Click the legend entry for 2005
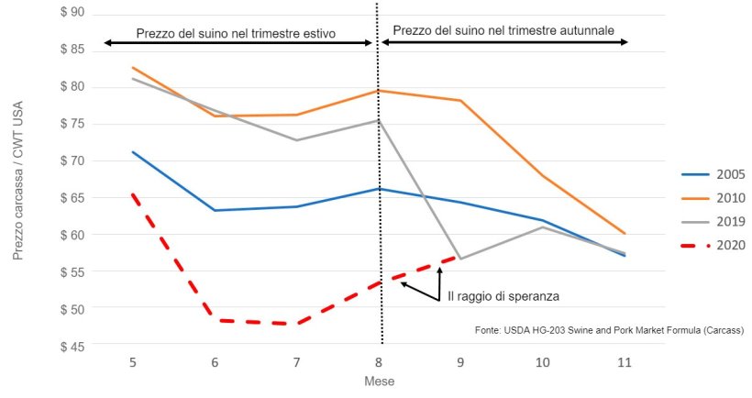pos(730,174)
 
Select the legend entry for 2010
pos(730,198)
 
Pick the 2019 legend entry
pos(730,222)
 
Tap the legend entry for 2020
pos(730,245)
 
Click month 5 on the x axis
pos(133,362)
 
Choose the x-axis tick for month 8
pos(379,362)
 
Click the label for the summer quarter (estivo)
pos(236,34)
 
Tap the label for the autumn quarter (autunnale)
pos(503,31)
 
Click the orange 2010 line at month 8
pos(379,91)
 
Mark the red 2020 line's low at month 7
pos(297,324)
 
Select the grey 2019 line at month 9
pos(461,259)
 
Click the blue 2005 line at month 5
pos(133,152)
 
